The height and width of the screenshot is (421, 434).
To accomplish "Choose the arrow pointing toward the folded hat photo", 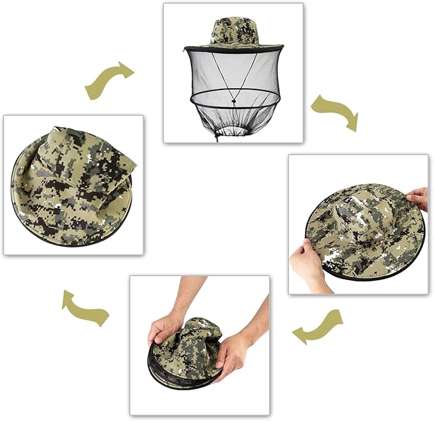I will click(84, 307).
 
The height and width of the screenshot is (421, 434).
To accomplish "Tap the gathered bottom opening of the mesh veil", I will click(233, 132).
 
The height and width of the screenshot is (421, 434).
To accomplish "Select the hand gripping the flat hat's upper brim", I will click(418, 198).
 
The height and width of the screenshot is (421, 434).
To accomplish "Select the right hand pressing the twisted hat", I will click(231, 355).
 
